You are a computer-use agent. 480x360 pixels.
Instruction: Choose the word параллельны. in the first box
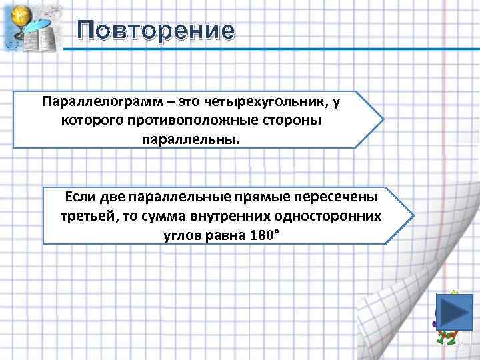click(x=189, y=139)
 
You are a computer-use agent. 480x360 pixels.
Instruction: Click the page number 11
click(x=460, y=344)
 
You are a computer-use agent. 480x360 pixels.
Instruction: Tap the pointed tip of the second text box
click(x=413, y=216)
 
